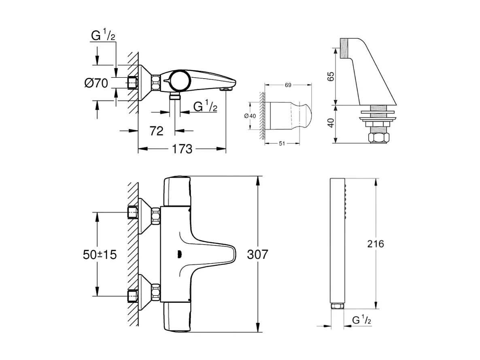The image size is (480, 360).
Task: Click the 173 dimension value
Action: pyautogui.click(x=182, y=149)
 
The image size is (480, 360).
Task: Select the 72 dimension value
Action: pyautogui.click(x=157, y=131)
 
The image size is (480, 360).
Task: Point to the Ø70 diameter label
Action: pyautogui.click(x=96, y=83)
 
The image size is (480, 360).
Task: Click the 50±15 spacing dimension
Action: pyautogui.click(x=100, y=255)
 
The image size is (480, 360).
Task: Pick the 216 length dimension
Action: pyautogui.click(x=376, y=244)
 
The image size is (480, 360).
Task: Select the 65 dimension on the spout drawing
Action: pyautogui.click(x=331, y=77)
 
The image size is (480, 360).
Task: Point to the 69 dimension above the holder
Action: pyautogui.click(x=288, y=85)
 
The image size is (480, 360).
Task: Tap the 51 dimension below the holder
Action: pyautogui.click(x=282, y=143)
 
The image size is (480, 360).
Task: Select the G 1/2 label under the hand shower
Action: pyautogui.click(x=362, y=320)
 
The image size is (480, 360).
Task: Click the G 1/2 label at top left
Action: pyautogui.click(x=103, y=36)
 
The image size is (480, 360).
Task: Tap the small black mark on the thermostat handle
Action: pyautogui.click(x=178, y=254)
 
